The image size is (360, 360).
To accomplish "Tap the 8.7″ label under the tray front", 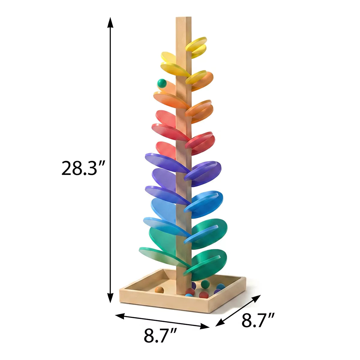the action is (160, 335).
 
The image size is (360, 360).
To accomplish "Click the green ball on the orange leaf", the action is (162, 83).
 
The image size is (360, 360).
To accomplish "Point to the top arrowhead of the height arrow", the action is (110, 22).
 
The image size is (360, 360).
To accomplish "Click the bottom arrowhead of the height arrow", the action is (110, 298).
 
